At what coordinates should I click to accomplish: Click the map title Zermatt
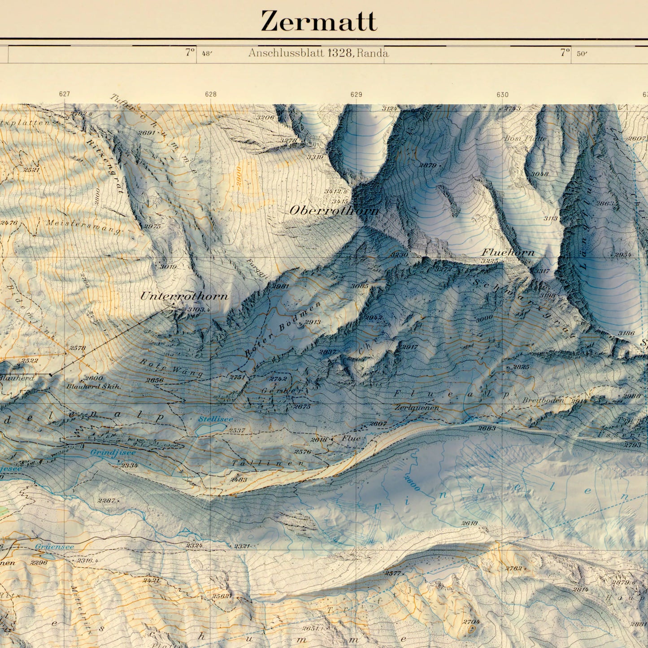click(x=319, y=22)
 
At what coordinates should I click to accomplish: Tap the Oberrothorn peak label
click(x=334, y=210)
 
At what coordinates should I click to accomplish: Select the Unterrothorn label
click(x=184, y=296)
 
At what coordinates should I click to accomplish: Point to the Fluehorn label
click(x=508, y=252)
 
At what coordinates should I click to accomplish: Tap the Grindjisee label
click(x=113, y=452)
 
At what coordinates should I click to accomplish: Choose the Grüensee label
click(x=54, y=547)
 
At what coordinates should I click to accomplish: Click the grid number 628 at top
click(x=210, y=94)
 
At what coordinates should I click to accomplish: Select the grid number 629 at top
click(x=356, y=94)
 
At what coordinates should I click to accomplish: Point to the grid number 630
click(x=502, y=94)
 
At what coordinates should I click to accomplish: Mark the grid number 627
click(x=64, y=94)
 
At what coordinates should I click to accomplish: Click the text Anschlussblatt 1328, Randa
click(x=318, y=53)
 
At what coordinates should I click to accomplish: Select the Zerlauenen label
click(x=417, y=408)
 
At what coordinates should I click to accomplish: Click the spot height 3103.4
click(x=199, y=309)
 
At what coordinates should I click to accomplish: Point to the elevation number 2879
click(x=427, y=165)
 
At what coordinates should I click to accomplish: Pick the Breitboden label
click(x=543, y=400)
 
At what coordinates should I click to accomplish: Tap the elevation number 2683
click(x=487, y=428)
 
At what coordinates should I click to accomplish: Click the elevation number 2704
click(x=471, y=622)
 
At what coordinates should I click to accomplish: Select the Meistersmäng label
click(x=83, y=226)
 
